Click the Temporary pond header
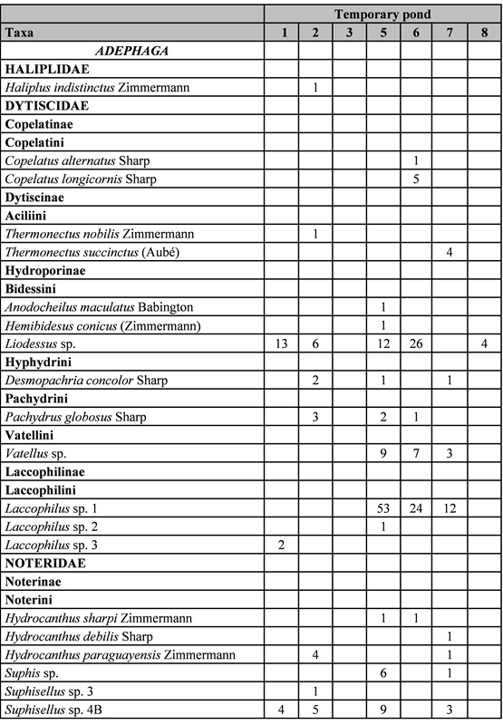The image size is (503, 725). click(x=382, y=14)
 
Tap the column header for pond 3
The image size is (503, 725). click(x=349, y=33)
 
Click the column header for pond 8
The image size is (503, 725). click(x=484, y=33)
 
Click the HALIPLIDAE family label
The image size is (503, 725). click(x=44, y=69)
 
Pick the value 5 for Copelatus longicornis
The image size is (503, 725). click(x=416, y=179)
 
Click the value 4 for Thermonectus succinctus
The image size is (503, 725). click(x=450, y=251)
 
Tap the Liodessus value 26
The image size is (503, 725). click(x=416, y=343)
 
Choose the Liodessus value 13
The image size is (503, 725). click(x=283, y=343)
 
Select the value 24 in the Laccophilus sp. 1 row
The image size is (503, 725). click(x=416, y=507)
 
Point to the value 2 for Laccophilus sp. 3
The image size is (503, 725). click(x=283, y=544)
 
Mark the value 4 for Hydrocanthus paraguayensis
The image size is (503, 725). click(x=315, y=653)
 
